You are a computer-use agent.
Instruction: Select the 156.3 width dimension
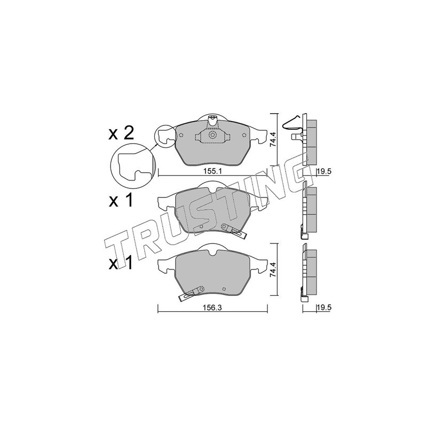[212, 308]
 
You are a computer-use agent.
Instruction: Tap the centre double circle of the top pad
[212, 135]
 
